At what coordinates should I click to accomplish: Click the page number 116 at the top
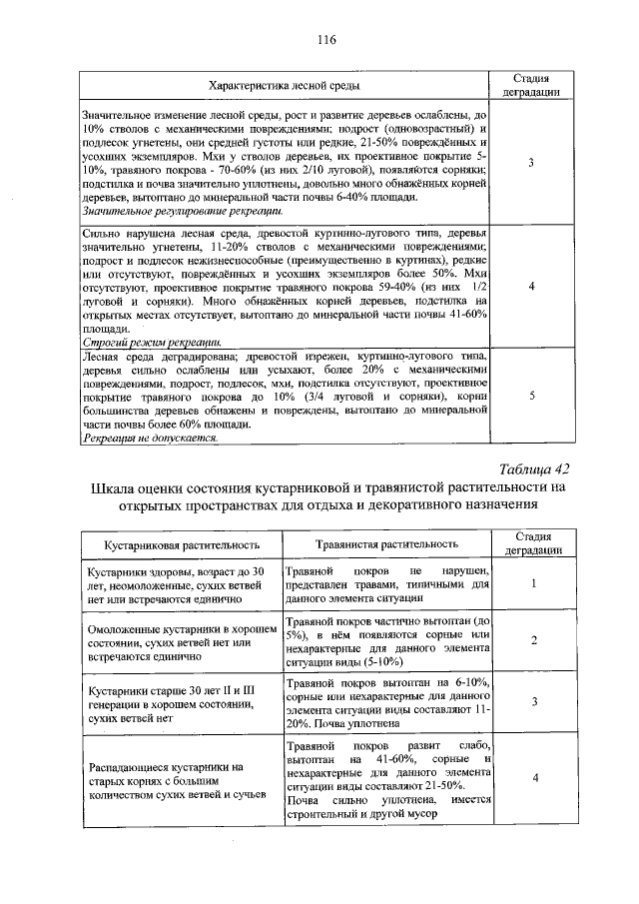click(324, 40)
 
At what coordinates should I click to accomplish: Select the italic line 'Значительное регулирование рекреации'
click(183, 211)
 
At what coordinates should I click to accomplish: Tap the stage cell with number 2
click(535, 640)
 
